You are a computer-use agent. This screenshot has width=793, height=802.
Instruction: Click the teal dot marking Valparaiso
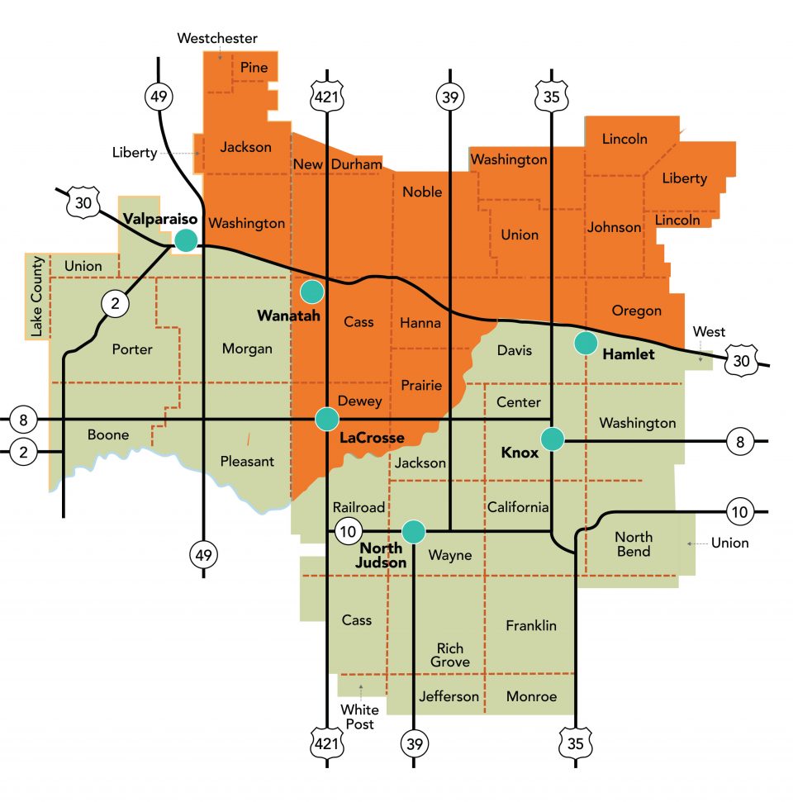pos(186,240)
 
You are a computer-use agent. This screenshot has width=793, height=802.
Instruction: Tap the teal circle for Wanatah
pos(311,291)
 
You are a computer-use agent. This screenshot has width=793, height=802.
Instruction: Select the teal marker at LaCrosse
pos(327,419)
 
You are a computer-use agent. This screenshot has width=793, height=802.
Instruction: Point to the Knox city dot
pos(552,439)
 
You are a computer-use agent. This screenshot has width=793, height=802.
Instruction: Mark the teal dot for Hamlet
pos(586,342)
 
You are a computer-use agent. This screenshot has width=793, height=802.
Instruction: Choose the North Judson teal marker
pos(413,531)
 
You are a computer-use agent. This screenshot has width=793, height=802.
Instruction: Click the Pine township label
pos(254,68)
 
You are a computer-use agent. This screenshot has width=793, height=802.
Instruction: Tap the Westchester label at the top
pos(218,38)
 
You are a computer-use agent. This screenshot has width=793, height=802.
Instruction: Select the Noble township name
pos(422,192)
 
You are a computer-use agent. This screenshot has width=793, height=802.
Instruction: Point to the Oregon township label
pos(637,311)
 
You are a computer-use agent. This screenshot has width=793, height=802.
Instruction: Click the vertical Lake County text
pos(36,296)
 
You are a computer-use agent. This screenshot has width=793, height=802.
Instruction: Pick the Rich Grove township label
pos(450,655)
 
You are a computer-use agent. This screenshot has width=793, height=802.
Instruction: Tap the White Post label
pos(360,716)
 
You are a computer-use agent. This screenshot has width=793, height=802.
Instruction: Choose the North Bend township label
pos(633,544)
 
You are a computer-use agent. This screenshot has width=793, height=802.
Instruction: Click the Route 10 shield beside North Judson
pos(346,530)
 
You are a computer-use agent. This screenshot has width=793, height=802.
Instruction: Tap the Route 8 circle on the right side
pos(739,443)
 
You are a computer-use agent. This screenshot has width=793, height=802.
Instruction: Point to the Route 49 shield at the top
pos(159,97)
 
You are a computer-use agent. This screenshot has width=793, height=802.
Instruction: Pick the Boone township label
pos(108,434)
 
